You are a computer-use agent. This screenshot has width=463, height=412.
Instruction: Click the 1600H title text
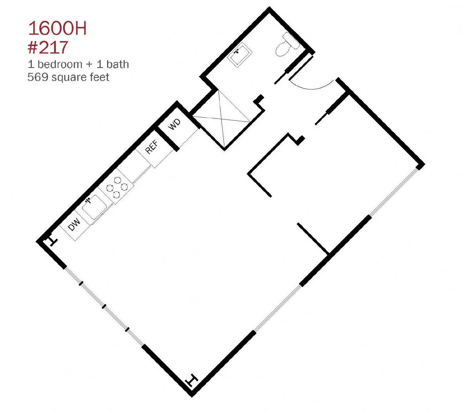tap(57, 28)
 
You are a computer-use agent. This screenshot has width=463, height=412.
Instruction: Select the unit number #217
tap(48, 47)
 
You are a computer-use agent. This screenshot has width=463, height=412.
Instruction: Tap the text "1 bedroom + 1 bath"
tap(78, 64)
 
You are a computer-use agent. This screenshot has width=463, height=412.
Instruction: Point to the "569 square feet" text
tap(68, 77)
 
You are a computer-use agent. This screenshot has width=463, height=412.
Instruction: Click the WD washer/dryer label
tap(174, 124)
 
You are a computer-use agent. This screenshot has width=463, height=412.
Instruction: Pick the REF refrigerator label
tap(152, 147)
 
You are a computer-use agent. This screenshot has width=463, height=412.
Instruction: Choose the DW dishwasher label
tap(74, 225)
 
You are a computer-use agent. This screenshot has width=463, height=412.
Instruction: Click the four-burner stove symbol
tap(117, 187)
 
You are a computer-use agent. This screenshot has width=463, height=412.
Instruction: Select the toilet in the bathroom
tap(287, 45)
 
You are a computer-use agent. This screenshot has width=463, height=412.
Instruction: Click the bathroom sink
tap(240, 55)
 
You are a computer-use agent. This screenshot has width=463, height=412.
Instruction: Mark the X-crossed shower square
tap(223, 119)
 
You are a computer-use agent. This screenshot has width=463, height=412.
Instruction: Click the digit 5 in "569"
tap(31, 77)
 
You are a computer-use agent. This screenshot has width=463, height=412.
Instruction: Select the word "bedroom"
tap(60, 64)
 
